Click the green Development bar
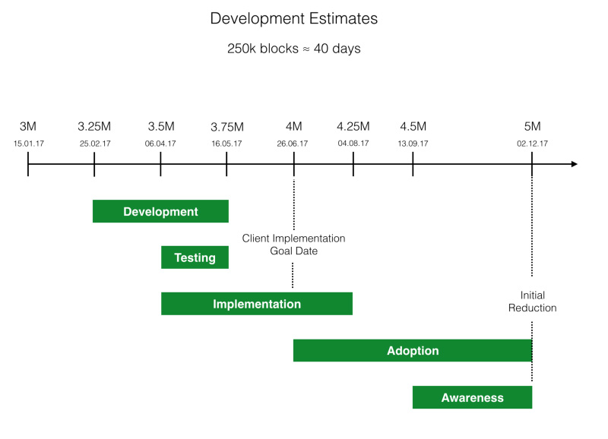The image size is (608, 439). [x=160, y=212]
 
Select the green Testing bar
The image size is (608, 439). [x=195, y=257]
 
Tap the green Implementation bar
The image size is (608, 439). [x=257, y=304]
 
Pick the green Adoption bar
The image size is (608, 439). [x=413, y=351]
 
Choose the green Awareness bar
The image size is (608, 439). [x=472, y=397]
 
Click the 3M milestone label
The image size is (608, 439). [x=28, y=126]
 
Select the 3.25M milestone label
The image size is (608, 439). [x=94, y=126]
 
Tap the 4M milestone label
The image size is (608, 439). [x=293, y=126]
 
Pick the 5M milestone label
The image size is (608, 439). [x=532, y=126]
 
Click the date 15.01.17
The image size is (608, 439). [x=28, y=143]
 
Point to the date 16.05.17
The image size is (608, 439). [x=226, y=143]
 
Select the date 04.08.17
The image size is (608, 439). [x=353, y=143]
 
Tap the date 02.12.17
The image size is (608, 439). [x=532, y=143]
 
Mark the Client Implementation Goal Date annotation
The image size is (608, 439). [x=293, y=245]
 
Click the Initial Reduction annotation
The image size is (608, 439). [x=532, y=302]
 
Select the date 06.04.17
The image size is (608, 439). [x=160, y=143]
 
